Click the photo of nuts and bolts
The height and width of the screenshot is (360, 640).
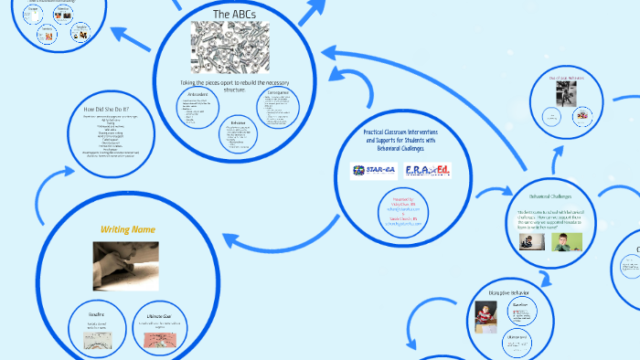(229, 48)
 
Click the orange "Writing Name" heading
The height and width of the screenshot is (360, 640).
(127, 228)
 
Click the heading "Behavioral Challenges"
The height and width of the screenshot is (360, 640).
(551, 196)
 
